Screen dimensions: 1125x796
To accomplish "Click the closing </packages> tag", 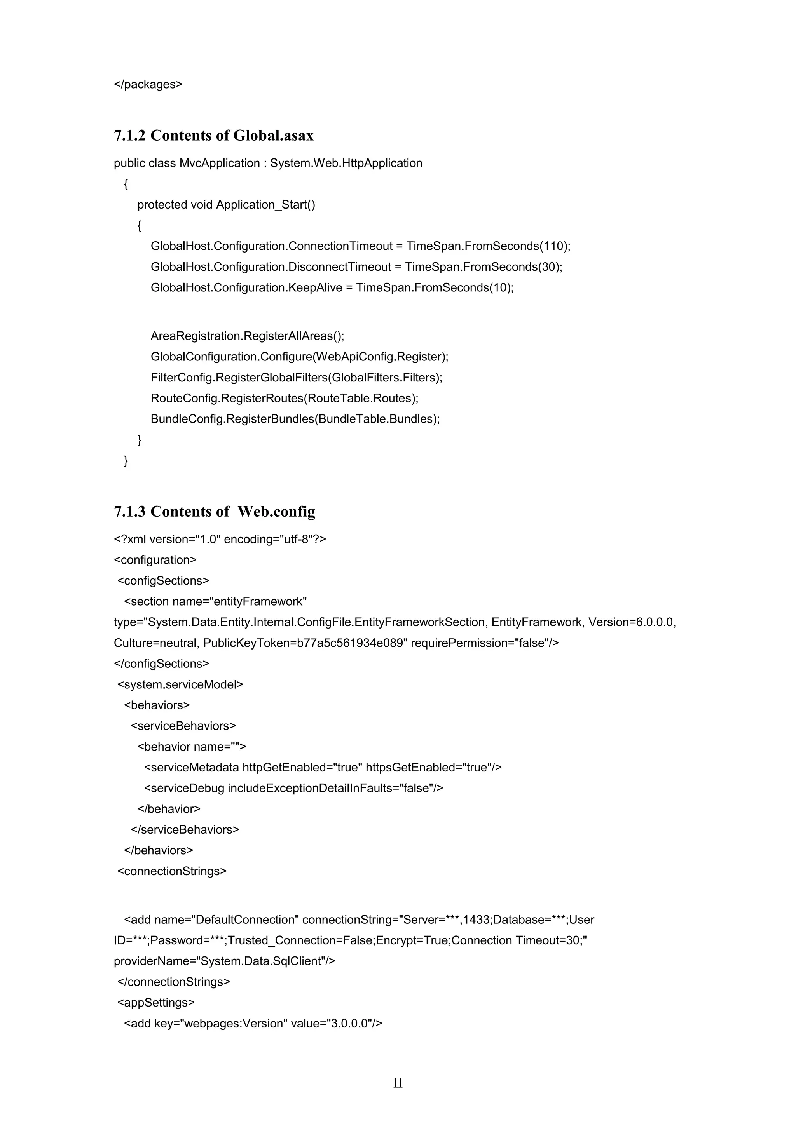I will tap(148, 84).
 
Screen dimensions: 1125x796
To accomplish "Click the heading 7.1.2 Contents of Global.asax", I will tap(214, 135).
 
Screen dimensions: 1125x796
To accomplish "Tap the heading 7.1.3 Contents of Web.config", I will tap(215, 512).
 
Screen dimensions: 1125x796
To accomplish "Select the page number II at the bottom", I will tap(398, 1083).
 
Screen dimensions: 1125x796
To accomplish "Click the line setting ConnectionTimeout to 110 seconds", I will tap(360, 246).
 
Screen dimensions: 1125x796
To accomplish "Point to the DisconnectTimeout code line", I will tap(356, 267).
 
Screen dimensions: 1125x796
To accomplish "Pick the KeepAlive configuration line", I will tap(332, 287).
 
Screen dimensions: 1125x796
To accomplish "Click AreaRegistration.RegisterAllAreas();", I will tap(248, 336).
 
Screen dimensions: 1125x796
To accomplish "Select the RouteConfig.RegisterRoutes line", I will tap(284, 398).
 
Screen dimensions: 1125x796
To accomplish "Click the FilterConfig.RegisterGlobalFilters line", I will tap(297, 378).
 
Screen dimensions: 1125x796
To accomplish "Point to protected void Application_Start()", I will tap(226, 205).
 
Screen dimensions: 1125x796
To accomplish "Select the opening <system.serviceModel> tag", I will tap(180, 684).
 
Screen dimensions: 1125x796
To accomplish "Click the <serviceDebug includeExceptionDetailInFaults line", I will tap(293, 788).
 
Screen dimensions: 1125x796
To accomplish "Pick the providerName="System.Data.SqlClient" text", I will tap(225, 961).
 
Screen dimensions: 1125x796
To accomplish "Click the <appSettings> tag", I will tap(156, 1003).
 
